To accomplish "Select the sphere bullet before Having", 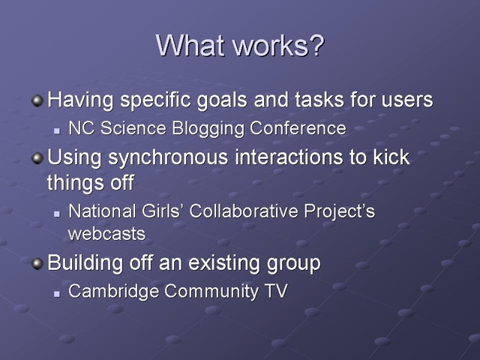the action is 37,100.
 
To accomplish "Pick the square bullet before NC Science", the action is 57,130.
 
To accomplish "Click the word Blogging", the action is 208,128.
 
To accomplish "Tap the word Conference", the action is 298,128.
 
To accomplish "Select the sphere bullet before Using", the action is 37,158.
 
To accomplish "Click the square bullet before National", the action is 57,214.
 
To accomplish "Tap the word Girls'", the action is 160,211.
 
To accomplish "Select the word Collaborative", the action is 244,211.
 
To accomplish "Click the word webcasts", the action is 106,234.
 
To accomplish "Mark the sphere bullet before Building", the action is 37,263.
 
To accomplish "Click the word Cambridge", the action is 113,291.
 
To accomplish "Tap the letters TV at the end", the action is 277,291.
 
